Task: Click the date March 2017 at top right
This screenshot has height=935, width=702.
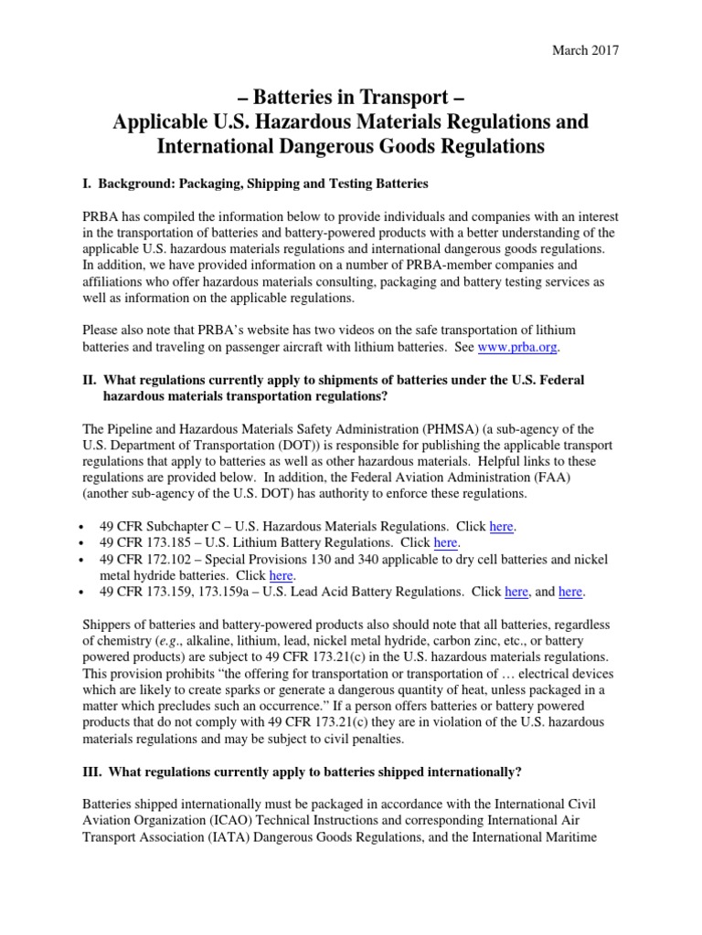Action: click(x=585, y=50)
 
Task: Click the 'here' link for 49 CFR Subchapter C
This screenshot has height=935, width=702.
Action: click(x=503, y=527)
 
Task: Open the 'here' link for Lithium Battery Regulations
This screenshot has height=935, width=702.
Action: click(x=445, y=542)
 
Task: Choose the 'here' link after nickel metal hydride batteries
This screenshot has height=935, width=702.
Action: click(x=281, y=575)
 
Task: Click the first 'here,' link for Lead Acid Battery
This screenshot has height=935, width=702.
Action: click(x=516, y=592)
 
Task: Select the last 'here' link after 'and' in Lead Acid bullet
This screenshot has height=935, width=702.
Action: click(x=570, y=592)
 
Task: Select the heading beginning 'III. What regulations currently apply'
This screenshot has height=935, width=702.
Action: click(x=302, y=772)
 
